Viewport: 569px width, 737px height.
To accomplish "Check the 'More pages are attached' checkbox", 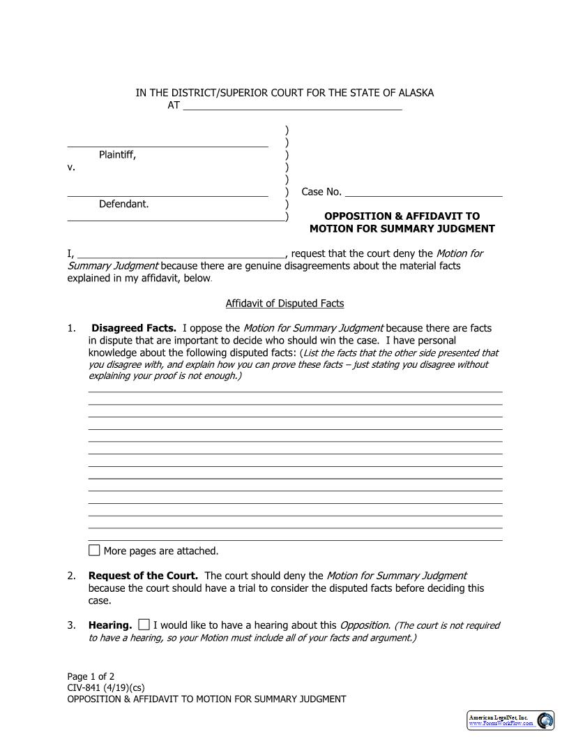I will click(x=94, y=550).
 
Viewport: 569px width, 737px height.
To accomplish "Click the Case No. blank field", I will click(x=423, y=192).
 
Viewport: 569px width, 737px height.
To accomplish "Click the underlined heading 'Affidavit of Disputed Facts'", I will click(x=284, y=304).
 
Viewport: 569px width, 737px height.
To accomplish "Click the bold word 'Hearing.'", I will click(x=110, y=625).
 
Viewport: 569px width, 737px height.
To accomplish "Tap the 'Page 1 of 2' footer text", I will click(x=91, y=676).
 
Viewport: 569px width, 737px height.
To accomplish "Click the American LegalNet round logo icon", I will click(x=545, y=720).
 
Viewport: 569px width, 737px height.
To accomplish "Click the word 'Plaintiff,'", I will click(x=117, y=155).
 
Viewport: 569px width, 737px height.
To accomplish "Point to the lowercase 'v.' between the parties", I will click(x=71, y=167).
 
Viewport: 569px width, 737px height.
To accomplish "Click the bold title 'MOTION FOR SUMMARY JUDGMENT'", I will click(x=402, y=229).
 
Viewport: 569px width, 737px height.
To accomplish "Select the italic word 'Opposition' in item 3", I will click(x=365, y=625).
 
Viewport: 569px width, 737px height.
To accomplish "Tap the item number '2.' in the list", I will click(x=72, y=576).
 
